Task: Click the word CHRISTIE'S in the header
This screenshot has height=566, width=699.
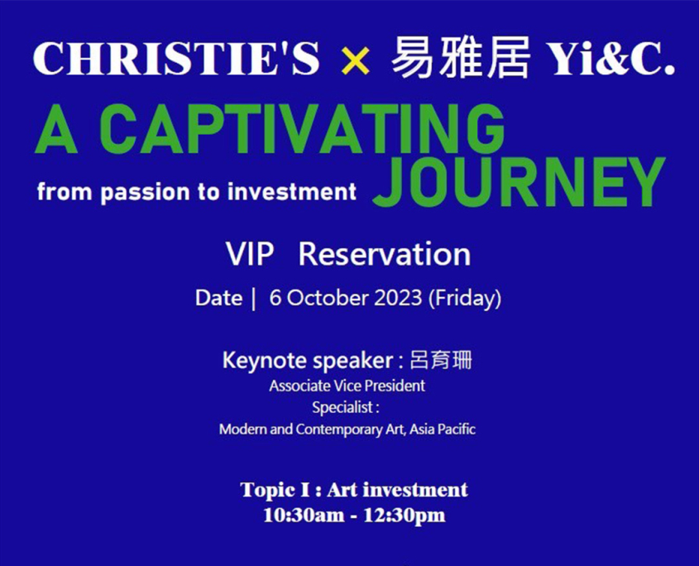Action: (176, 59)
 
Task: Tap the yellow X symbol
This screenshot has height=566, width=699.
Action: (355, 61)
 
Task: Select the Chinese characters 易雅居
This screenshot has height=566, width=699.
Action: (461, 58)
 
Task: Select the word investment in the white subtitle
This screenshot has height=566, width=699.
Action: (292, 192)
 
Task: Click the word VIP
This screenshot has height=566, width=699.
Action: (250, 254)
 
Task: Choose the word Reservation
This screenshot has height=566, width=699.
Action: (385, 254)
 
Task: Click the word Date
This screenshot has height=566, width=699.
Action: (218, 298)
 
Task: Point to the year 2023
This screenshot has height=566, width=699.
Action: (398, 298)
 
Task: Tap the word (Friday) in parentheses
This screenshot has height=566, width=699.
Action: (465, 298)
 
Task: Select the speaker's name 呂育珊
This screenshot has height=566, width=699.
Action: (440, 360)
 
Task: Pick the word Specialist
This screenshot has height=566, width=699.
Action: (342, 408)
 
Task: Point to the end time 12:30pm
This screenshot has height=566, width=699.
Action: (405, 516)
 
